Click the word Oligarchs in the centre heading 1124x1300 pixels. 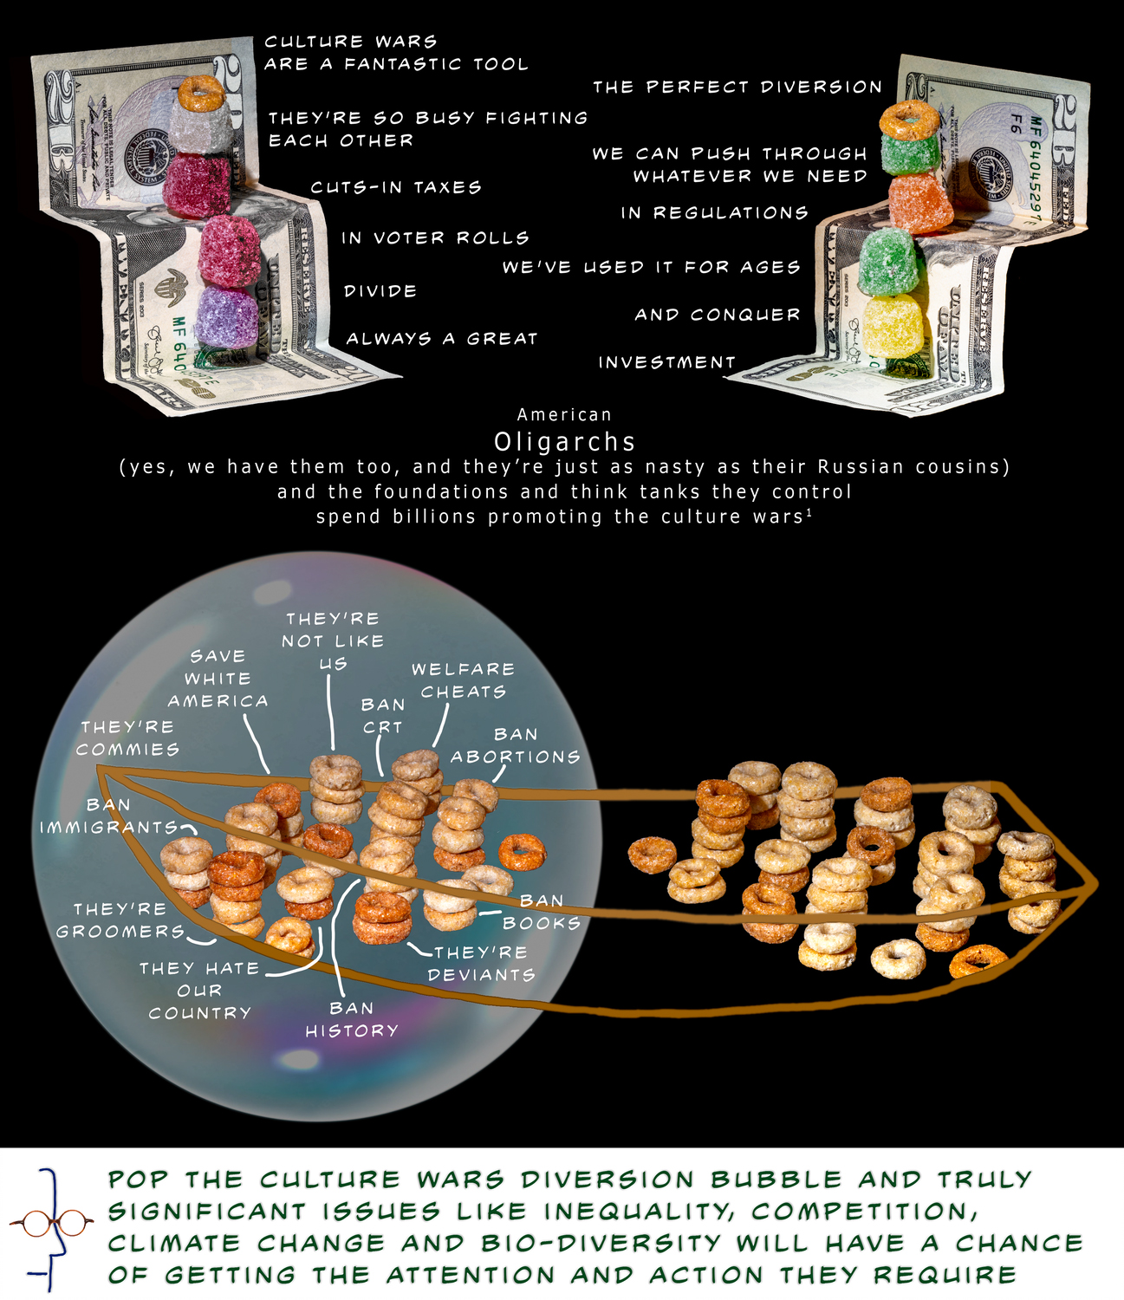click(564, 442)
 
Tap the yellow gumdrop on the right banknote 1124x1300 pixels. click(893, 324)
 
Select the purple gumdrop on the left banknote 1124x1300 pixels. click(227, 317)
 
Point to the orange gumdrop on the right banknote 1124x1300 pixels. click(921, 203)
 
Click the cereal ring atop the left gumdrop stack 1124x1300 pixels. click(201, 92)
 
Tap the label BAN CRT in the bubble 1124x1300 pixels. click(382, 716)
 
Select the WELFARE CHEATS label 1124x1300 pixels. click(464, 680)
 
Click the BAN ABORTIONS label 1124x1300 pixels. click(515, 745)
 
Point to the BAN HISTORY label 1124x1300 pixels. click(352, 1019)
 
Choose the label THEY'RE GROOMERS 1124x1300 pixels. click(120, 920)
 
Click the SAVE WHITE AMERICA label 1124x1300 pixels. click(218, 679)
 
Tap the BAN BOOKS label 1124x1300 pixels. click(541, 912)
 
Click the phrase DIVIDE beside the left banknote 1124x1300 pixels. click(380, 290)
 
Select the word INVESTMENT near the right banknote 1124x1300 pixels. click(666, 362)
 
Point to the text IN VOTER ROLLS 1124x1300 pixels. click(435, 237)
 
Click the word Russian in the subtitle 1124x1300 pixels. click(861, 466)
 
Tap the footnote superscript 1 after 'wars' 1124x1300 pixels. click(809, 512)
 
